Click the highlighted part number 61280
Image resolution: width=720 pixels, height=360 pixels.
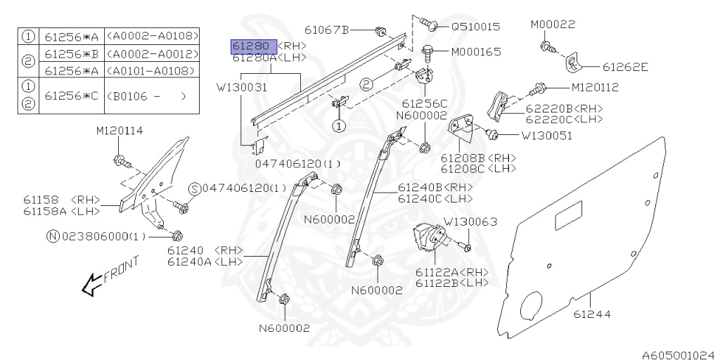254,46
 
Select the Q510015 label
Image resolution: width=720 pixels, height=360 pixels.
475,27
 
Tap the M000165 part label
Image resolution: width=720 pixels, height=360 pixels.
475,51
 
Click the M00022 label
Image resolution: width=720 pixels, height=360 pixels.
553,25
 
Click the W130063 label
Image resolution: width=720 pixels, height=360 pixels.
470,221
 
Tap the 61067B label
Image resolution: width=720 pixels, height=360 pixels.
327,30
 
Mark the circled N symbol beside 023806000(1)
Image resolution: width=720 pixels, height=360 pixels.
52,237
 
